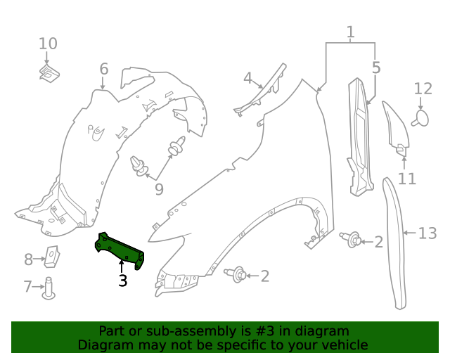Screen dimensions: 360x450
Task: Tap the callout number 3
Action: pos(123,281)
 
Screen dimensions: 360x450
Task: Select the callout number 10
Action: pos(48,44)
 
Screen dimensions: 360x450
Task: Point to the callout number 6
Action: pos(104,69)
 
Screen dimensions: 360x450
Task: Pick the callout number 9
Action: pos(159,189)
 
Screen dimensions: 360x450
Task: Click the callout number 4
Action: pos(247,78)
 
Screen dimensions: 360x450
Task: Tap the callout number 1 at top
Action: pos(350,32)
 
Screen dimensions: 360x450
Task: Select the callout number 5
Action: pos(376,68)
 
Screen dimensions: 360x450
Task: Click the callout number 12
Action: pos(423,89)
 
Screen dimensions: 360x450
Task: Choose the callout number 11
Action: pos(407,179)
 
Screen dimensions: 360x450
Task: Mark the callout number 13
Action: pos(427,233)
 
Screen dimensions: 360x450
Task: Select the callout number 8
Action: pos(29,259)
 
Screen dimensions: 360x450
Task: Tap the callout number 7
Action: pos(28,286)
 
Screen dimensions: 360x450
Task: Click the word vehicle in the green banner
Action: pos(344,345)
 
